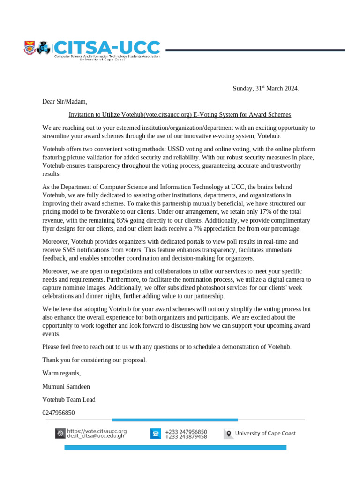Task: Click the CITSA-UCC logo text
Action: (x=108, y=47)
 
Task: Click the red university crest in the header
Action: (x=29, y=47)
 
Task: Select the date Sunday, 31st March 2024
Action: (x=266, y=89)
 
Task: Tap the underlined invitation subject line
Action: (x=180, y=114)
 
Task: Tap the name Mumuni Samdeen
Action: (x=66, y=387)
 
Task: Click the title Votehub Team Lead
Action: (x=69, y=400)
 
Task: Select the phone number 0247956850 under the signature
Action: (x=59, y=413)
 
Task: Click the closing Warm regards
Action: (x=61, y=373)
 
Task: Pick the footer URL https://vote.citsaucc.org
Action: (x=97, y=431)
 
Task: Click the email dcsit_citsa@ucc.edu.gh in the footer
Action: (x=96, y=436)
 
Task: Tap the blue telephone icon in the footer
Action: (x=155, y=434)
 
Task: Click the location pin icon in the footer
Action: (x=228, y=434)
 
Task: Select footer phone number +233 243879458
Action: (x=186, y=436)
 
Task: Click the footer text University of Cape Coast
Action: (x=265, y=434)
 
